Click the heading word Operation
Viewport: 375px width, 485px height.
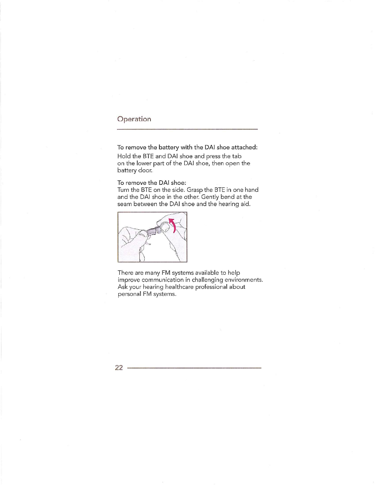(134, 119)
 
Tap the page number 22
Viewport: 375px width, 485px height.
(119, 368)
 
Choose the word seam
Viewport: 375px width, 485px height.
(125, 204)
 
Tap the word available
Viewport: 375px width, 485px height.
(207, 273)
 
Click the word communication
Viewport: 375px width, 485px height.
(163, 280)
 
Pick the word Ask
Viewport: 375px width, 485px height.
(122, 287)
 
